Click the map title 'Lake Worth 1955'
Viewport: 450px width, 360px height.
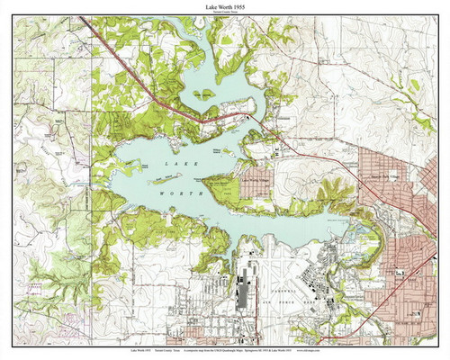pos(225,7)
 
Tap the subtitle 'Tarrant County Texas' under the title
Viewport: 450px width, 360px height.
pos(225,14)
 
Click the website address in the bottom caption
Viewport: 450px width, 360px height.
pos(405,349)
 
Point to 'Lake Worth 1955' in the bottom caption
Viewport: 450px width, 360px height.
pos(41,349)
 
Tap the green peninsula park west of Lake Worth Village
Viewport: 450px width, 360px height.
pos(221,188)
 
